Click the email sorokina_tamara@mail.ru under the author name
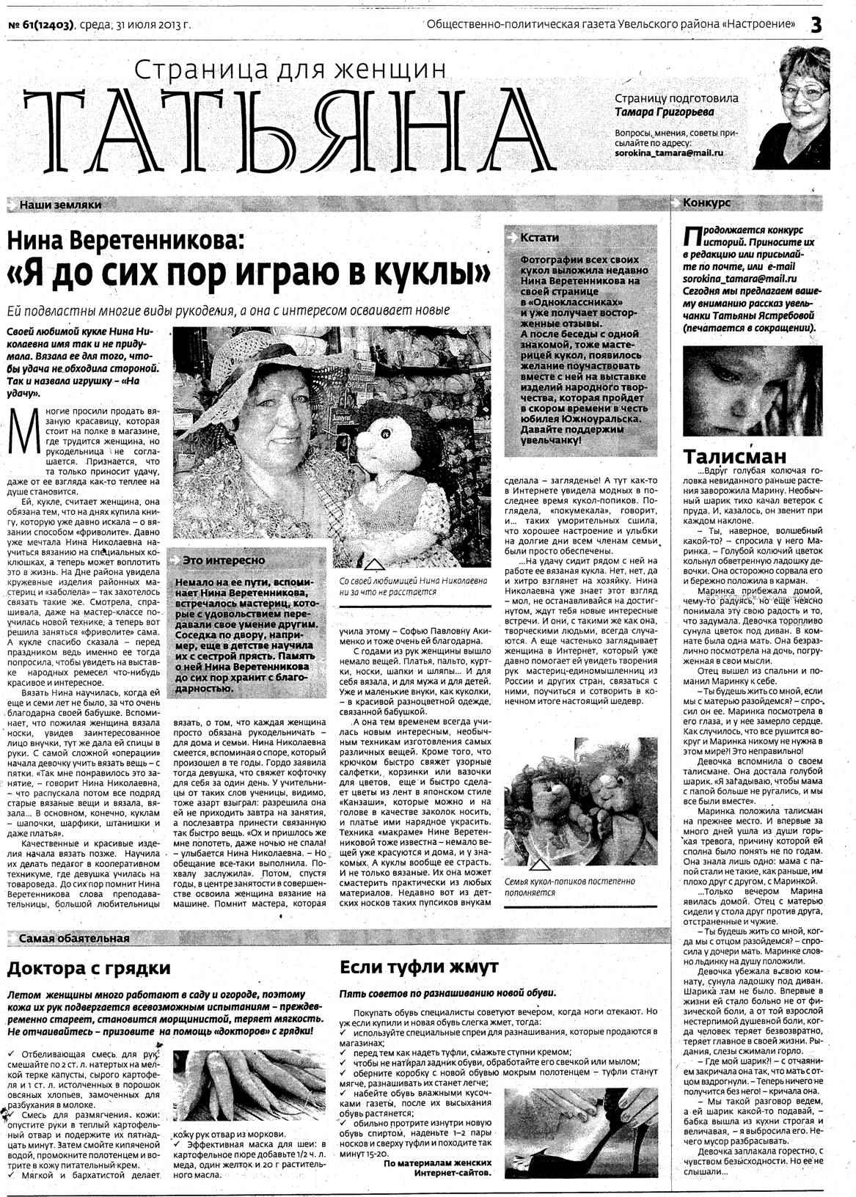click(669, 153)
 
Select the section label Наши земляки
click(60, 205)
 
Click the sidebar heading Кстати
click(538, 238)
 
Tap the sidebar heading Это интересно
click(224, 560)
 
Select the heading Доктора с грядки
click(89, 968)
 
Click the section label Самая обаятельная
click(74, 938)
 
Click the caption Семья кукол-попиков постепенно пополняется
click(570, 887)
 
